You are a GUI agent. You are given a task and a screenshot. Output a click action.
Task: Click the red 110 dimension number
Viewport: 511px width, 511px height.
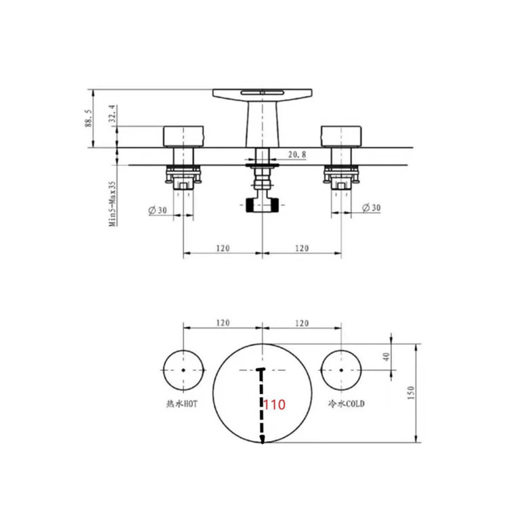pos(274,405)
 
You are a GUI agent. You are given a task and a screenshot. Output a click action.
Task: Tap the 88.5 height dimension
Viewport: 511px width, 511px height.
pos(88,118)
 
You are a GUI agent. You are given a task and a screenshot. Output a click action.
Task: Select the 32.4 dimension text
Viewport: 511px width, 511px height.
pos(113,113)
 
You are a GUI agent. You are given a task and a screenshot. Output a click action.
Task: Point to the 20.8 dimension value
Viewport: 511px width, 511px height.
pos(297,154)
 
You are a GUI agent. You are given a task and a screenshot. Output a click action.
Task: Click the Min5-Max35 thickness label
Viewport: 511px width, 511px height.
pos(112,204)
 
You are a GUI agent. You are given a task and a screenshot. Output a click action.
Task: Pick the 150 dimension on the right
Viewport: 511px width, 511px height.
pos(411,393)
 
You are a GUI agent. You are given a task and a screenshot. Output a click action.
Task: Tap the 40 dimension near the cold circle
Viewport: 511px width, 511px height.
pos(386,357)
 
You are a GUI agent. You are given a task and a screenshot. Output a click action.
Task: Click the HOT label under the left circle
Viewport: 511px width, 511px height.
pos(182,404)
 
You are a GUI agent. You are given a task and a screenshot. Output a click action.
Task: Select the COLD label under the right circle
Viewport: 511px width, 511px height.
pos(346,404)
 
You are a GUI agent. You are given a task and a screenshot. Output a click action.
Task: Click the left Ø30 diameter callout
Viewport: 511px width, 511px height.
pos(158,210)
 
